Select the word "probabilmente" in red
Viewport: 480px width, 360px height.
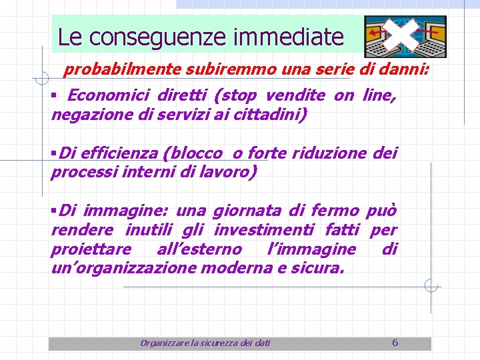coord(114,70)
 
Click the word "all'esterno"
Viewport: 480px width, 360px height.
coord(199,250)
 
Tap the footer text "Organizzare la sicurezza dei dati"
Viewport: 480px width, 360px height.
coord(205,343)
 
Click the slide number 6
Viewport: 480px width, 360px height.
coord(395,343)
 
